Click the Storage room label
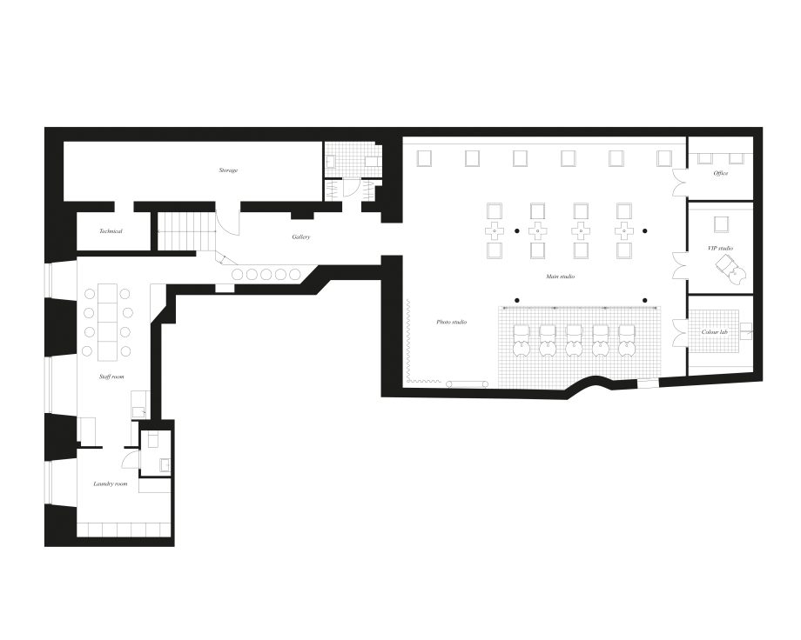point(228,170)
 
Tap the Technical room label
point(111,231)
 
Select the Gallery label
point(301,237)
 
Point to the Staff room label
point(111,377)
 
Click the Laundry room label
point(111,483)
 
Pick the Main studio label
point(561,277)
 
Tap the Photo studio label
point(452,322)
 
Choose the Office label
point(721,174)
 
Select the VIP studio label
point(720,248)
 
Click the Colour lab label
point(714,331)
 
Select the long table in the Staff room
point(108,321)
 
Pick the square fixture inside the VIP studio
point(721,224)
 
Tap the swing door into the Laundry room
point(129,457)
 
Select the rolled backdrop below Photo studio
point(467,383)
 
